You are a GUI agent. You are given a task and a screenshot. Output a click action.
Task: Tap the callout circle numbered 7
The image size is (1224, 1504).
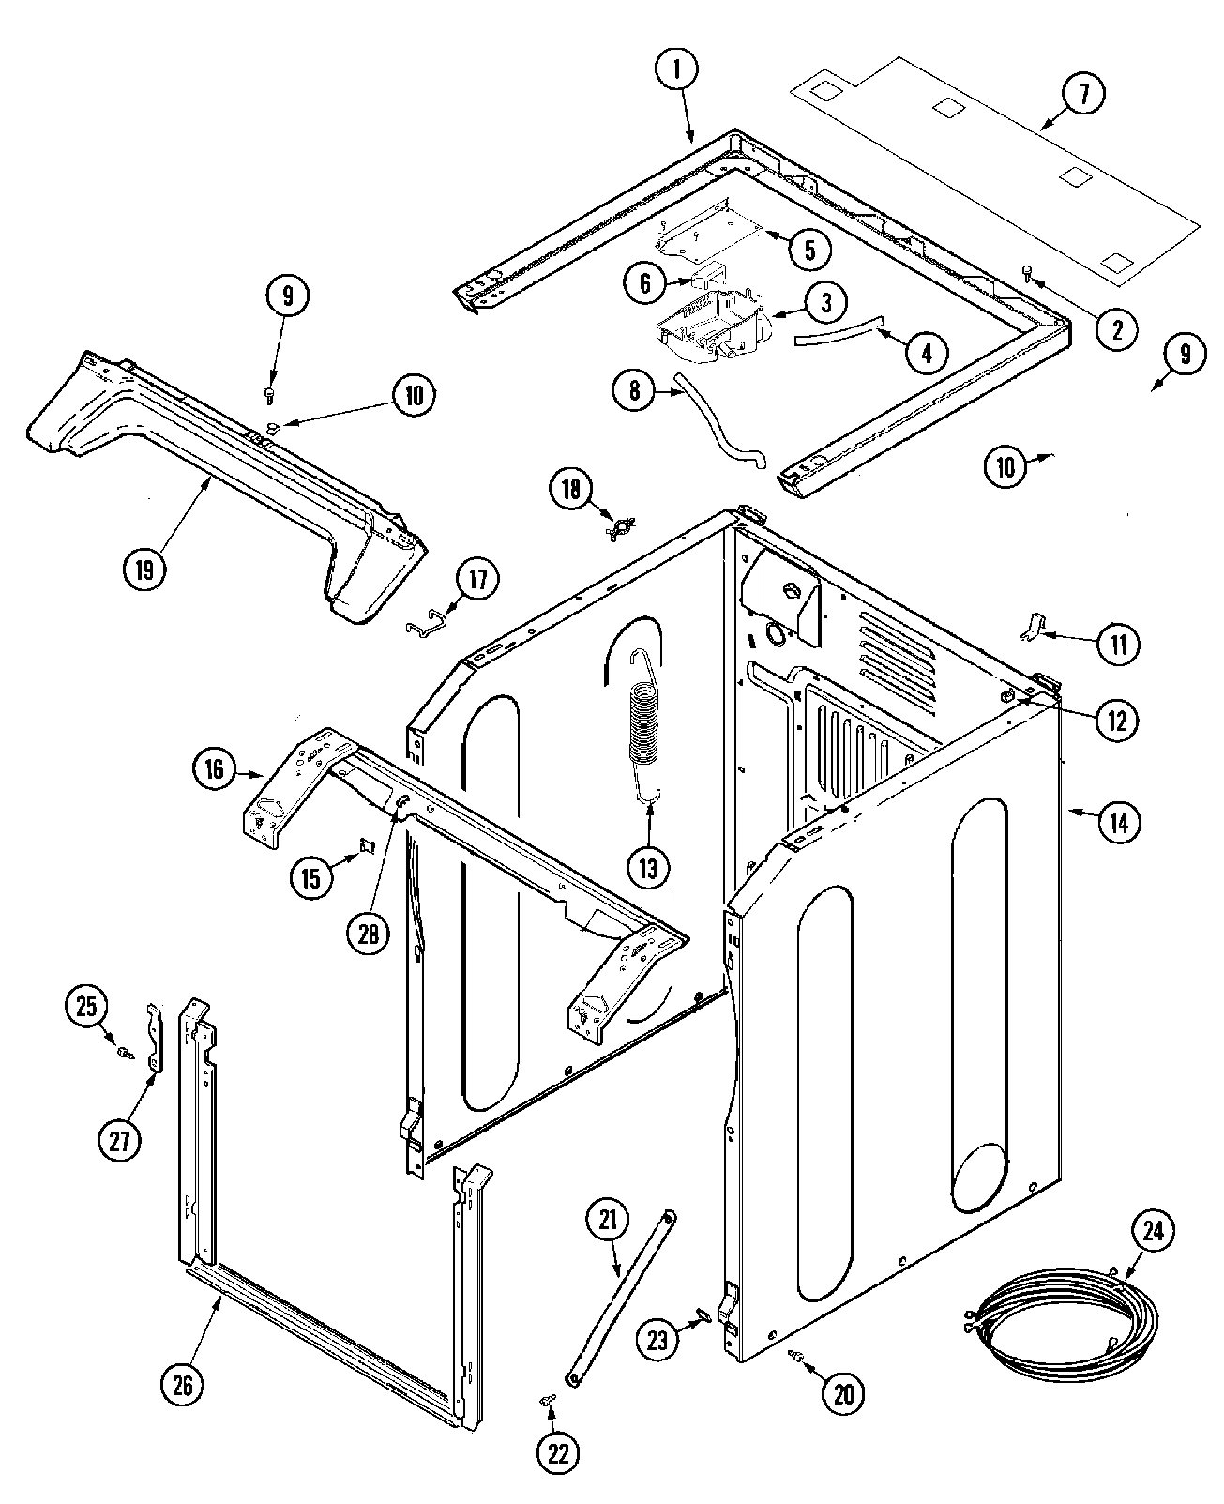(x=1083, y=94)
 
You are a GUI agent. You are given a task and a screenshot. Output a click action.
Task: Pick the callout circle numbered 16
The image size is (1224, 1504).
(x=215, y=769)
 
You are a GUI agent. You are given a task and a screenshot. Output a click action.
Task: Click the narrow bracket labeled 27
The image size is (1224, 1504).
(x=155, y=1038)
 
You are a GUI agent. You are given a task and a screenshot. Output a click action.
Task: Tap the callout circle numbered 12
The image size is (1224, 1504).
(x=1117, y=720)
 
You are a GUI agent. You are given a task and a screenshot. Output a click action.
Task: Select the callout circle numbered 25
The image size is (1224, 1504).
(x=86, y=1007)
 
